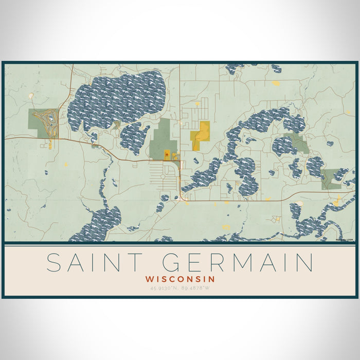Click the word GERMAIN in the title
(238, 262)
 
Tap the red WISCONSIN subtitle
(180, 278)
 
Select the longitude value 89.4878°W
(196, 287)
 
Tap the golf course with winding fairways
(43, 123)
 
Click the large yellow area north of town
(201, 135)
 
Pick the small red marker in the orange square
(167, 153)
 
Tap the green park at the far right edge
(331, 179)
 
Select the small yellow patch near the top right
(276, 83)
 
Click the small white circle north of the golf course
(32, 96)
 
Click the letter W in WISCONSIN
(149, 278)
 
